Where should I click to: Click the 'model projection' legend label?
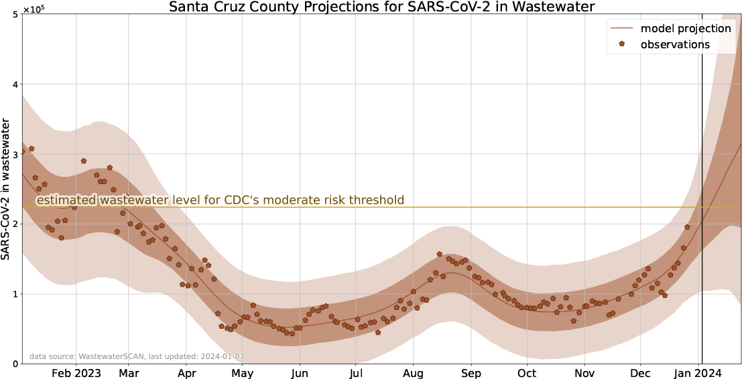[685, 29]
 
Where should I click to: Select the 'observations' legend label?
[675, 45]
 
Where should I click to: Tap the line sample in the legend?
[622, 29]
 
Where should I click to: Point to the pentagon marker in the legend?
[622, 44]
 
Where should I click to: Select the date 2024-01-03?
[222, 357]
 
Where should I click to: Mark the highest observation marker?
[32, 149]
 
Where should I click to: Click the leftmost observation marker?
[23, 151]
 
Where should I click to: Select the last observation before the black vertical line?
[687, 227]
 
